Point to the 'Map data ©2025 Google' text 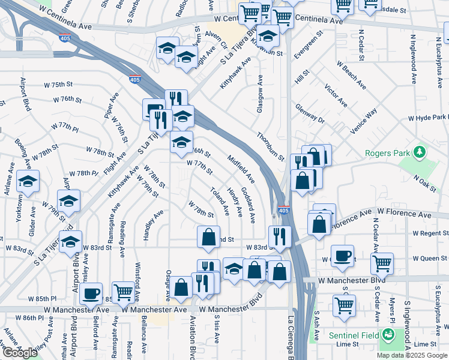coord(412,355)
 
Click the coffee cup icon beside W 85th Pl coord(91,293)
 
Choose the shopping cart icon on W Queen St coord(382,262)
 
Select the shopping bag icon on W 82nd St coord(208,236)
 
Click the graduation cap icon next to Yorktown coord(26,181)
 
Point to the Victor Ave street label coord(336,96)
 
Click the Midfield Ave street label coord(241,169)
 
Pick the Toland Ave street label coord(220,201)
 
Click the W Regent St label coord(430,233)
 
